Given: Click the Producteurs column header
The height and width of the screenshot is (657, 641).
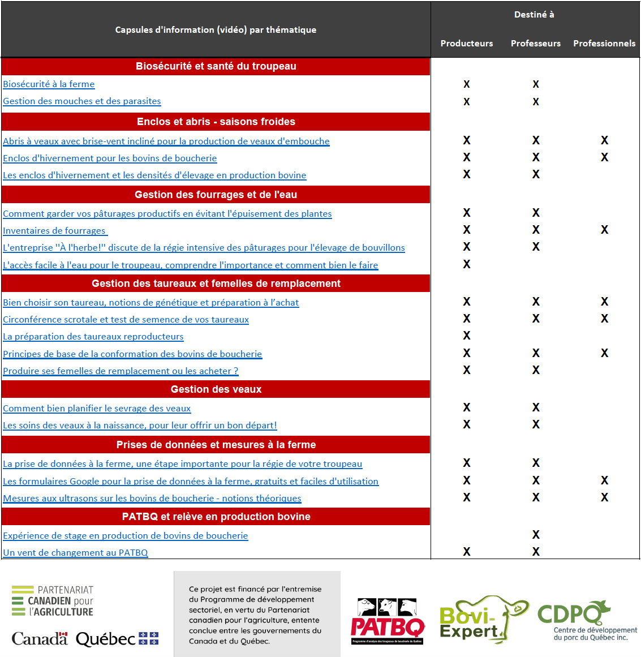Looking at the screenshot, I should click(467, 44).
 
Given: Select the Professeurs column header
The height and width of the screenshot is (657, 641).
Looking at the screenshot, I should click(535, 44).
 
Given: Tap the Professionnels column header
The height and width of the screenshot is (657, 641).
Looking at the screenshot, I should click(604, 44).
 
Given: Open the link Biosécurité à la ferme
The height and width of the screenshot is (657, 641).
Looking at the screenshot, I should click(49, 84).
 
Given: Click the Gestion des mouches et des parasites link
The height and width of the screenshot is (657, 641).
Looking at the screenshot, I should click(82, 101).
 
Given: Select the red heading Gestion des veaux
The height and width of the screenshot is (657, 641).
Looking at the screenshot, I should click(216, 389).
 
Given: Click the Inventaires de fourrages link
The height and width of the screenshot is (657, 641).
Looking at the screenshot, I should click(54, 231).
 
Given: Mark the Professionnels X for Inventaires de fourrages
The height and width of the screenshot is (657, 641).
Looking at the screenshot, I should click(604, 230).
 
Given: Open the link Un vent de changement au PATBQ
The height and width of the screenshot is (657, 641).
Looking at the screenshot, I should click(75, 553).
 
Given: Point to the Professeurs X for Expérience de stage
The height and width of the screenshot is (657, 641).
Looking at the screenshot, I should click(536, 535).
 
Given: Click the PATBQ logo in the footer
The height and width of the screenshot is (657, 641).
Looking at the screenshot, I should click(388, 621).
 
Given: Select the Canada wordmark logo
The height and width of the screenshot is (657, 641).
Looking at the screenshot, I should click(40, 639).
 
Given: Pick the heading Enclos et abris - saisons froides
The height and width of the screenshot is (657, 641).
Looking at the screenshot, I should click(216, 122).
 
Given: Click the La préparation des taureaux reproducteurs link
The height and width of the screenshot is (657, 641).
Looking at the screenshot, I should click(93, 337).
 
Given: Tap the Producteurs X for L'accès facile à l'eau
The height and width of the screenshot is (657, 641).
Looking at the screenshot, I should click(467, 264).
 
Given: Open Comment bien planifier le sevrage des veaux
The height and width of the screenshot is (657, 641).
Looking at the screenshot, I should click(97, 409).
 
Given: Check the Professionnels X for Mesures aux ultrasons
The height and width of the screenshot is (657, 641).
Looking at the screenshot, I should click(604, 497).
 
